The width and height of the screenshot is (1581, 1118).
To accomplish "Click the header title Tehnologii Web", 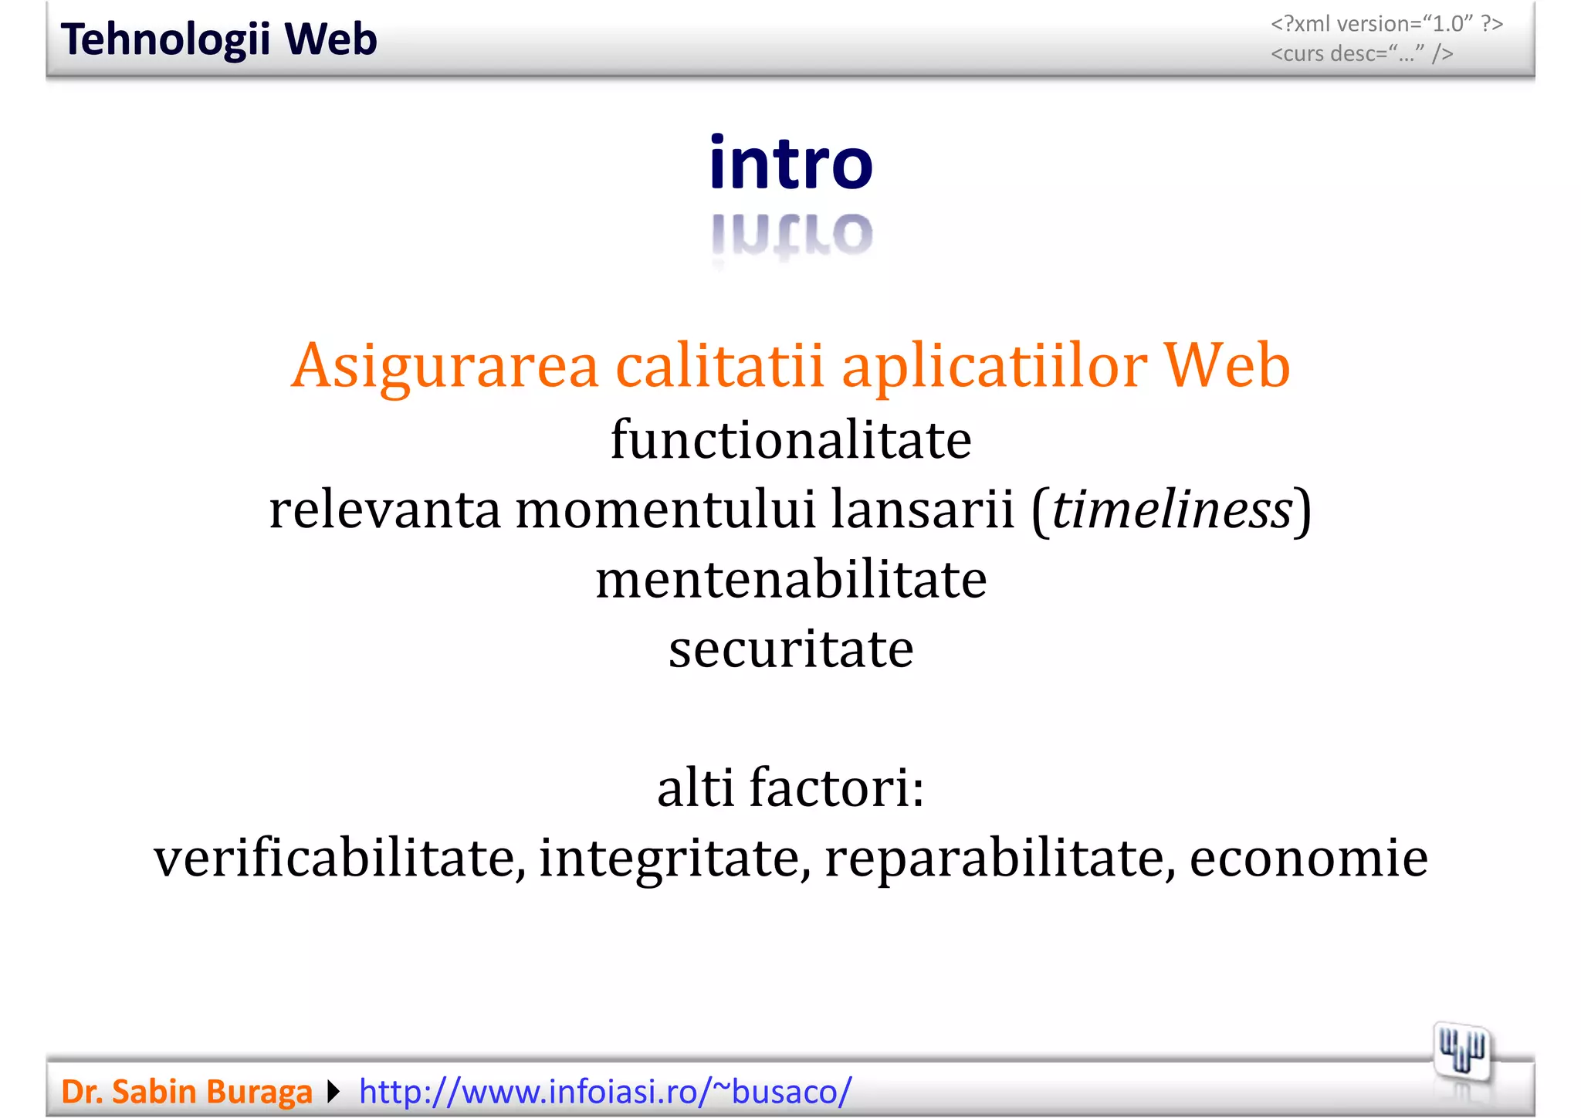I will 218,39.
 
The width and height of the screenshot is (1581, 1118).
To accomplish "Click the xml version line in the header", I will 1386,24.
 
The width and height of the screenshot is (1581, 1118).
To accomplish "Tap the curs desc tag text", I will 1362,54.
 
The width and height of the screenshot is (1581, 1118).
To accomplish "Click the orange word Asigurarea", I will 445,366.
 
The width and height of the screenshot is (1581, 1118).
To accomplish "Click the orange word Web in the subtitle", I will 1227,366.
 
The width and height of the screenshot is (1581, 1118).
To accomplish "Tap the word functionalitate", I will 790,440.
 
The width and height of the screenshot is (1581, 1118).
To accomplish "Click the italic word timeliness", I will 1172,510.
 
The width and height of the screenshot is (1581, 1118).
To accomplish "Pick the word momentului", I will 665,510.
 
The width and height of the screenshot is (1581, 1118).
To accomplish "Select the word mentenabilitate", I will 790,580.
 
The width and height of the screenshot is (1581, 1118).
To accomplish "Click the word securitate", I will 790,649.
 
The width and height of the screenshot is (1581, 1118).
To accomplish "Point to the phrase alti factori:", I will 790,788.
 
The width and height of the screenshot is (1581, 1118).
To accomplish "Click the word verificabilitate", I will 340,858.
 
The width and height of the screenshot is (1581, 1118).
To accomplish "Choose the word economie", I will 1308,858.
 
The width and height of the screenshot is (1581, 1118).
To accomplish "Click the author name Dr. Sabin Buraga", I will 186,1092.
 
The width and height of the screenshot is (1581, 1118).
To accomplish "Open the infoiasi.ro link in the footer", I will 605,1092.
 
